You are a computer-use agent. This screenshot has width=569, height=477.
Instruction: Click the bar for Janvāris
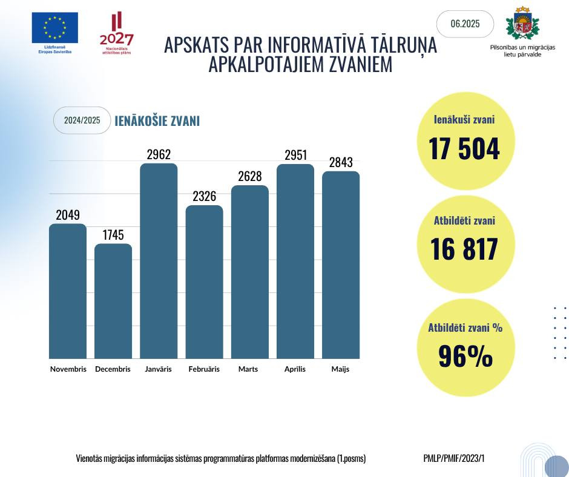159,261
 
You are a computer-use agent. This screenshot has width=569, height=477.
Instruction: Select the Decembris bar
113,301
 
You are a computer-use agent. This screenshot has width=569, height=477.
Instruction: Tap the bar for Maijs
340,265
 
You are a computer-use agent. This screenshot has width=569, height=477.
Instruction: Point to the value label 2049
67,215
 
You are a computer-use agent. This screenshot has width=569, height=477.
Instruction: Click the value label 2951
295,155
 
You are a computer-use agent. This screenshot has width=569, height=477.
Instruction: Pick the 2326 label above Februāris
204,197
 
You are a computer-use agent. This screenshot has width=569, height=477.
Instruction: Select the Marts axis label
248,369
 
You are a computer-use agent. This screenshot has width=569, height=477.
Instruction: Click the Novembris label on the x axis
68,369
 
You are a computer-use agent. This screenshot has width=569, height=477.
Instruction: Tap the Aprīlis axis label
295,369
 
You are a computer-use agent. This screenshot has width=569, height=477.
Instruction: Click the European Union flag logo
55,28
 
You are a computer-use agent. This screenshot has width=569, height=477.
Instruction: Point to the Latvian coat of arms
522,24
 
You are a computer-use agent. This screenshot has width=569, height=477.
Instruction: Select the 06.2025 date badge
465,24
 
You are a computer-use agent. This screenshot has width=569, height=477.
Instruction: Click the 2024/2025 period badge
82,120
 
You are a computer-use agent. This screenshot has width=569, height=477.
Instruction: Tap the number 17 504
464,149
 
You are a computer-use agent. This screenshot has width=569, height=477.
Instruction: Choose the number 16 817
464,249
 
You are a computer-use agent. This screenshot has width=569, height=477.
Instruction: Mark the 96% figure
465,357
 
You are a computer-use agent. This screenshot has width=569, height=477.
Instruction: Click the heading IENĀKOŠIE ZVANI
157,121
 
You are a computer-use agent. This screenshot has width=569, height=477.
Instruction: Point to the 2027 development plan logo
116,33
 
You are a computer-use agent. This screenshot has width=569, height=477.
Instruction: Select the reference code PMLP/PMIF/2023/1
454,458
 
